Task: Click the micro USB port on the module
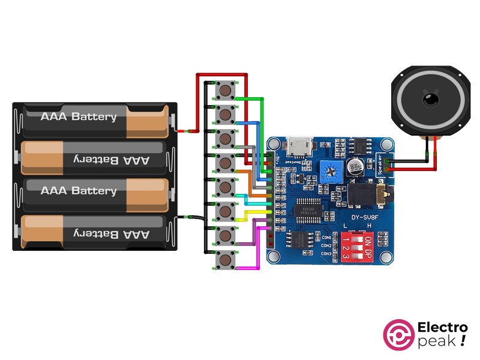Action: [x=298, y=146]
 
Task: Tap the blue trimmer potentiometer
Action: [x=329, y=173]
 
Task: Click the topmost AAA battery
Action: [x=93, y=116]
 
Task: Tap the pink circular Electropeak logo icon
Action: [x=399, y=334]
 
